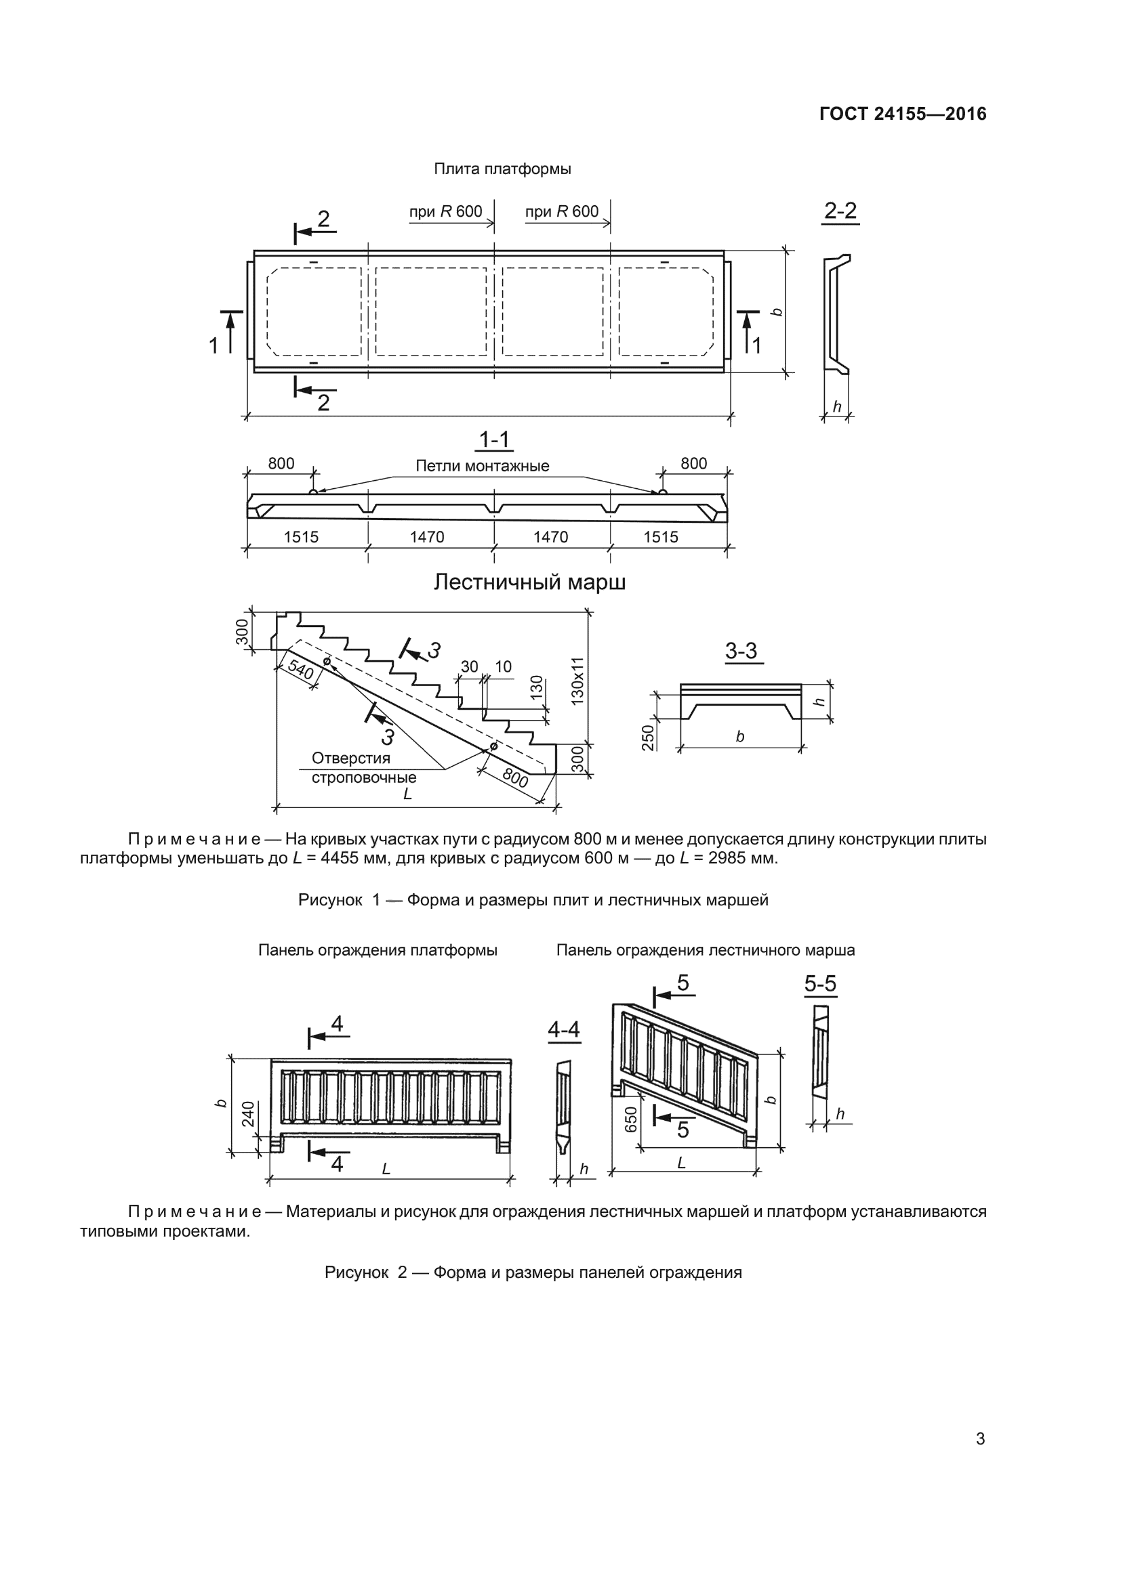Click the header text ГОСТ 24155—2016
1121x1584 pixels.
(x=902, y=114)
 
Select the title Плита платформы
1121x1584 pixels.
(x=502, y=169)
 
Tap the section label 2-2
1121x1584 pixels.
(x=840, y=211)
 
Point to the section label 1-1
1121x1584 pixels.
(x=494, y=440)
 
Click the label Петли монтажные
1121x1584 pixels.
(x=482, y=466)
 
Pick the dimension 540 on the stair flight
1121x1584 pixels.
(x=300, y=669)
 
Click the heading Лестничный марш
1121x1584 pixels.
(x=529, y=583)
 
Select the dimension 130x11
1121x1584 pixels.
(x=577, y=680)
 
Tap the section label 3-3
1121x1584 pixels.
(x=741, y=650)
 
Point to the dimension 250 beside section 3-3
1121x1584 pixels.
(x=647, y=737)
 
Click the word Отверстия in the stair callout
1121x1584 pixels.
(x=350, y=758)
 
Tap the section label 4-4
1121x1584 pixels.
(x=563, y=1030)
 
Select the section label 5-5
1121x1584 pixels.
(x=820, y=983)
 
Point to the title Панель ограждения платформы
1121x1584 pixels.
(x=378, y=950)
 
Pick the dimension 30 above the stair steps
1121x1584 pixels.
(x=470, y=666)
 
